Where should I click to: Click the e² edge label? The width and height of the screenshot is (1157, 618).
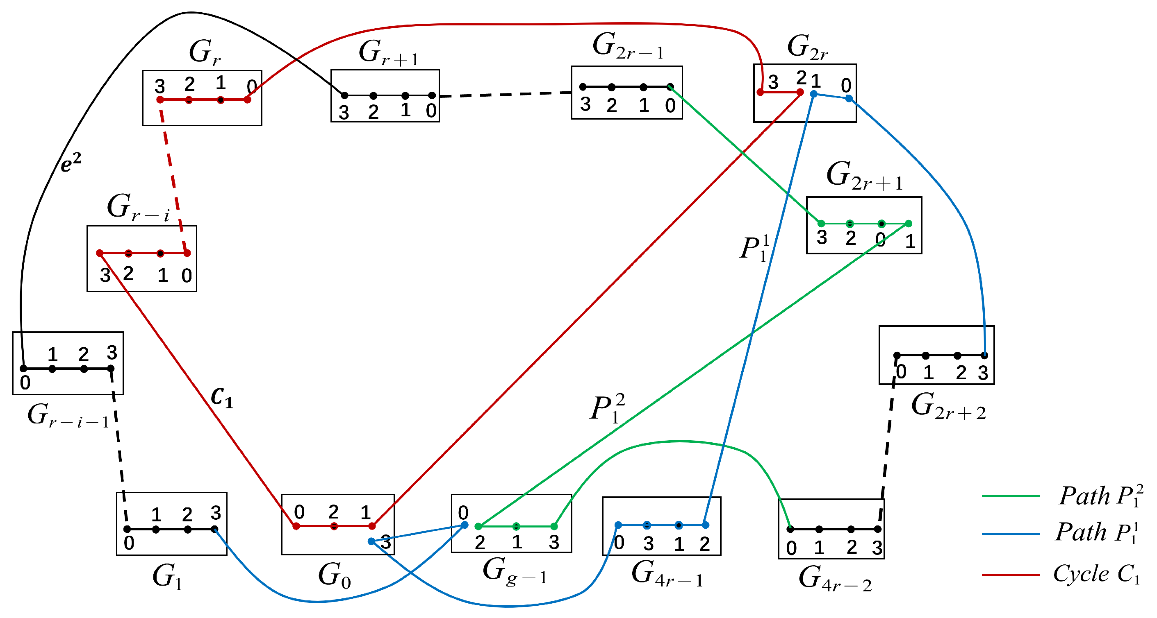[71, 163]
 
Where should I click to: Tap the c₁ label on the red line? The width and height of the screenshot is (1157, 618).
[222, 397]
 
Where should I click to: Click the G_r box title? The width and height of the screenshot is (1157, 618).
[204, 52]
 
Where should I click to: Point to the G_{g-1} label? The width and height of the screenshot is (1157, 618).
[514, 572]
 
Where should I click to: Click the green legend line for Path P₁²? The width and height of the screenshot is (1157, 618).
[1011, 496]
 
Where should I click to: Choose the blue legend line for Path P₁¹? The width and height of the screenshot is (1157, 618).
[1011, 534]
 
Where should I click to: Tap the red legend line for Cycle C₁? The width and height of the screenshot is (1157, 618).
[1011, 575]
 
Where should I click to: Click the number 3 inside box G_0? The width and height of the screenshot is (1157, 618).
[386, 542]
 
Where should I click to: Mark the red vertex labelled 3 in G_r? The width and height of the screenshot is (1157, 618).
[160, 100]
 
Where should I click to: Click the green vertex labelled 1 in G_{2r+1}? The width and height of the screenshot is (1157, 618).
[909, 224]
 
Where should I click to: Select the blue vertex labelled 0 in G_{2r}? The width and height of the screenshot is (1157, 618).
[848, 98]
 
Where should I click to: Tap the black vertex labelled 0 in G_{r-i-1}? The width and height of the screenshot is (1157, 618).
[23, 369]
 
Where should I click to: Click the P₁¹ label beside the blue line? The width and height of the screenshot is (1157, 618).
[754, 248]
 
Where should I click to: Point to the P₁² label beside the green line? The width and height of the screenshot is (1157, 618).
[607, 408]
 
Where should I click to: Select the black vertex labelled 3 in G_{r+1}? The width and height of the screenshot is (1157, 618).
[344, 95]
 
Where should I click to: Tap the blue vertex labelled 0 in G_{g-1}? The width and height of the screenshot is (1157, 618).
[465, 525]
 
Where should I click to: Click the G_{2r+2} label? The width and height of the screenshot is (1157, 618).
[947, 406]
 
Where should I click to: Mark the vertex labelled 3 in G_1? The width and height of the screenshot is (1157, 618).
[215, 529]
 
